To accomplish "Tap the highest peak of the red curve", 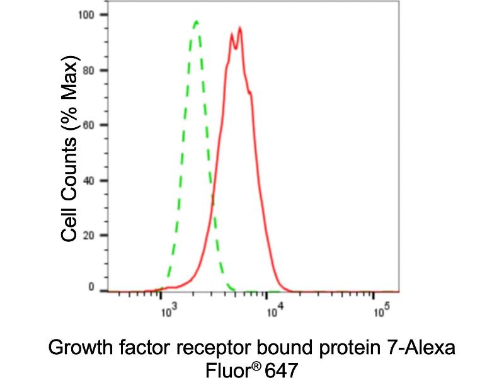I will pyautogui.click(x=240, y=28).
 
